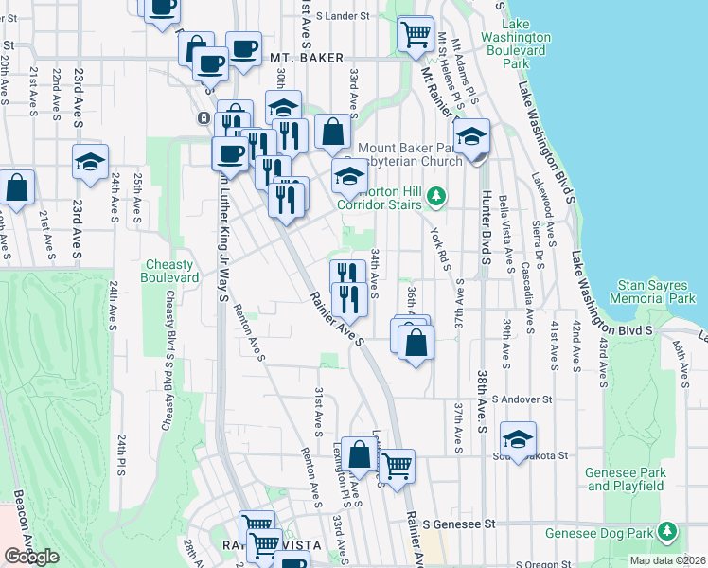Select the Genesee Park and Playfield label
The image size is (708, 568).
click(625, 479)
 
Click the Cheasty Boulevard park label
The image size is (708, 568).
click(170, 271)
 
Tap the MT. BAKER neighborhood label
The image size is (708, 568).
click(307, 58)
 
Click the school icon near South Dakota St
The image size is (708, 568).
click(518, 438)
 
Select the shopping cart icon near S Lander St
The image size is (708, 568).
click(416, 33)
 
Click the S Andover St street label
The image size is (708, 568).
click(520, 399)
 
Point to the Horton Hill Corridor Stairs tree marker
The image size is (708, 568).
click(435, 197)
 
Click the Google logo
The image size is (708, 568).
click(31, 557)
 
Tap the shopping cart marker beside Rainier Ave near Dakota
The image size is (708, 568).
click(397, 465)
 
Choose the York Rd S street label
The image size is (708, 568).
click(437, 244)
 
